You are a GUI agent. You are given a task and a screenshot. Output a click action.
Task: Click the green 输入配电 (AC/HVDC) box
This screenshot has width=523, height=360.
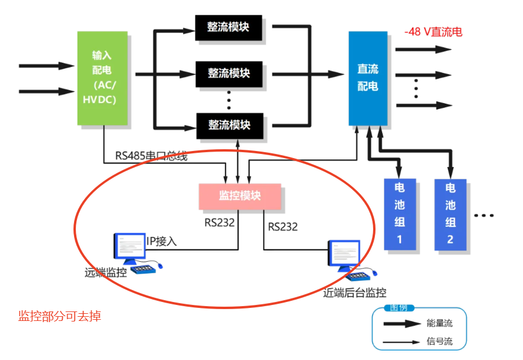(x=103, y=78)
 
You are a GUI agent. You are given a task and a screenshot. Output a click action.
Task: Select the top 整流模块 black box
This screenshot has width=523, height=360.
(x=229, y=28)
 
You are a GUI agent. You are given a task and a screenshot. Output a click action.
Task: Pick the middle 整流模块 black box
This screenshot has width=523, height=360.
(x=229, y=73)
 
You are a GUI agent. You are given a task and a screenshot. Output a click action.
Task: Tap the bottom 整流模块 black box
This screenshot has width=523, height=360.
(x=229, y=125)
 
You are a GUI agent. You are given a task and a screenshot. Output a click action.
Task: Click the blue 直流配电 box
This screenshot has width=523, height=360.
(x=368, y=78)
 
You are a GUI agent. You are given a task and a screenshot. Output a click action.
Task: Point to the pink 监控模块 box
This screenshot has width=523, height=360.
(x=240, y=196)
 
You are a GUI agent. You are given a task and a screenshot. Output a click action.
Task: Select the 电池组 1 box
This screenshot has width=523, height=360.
(x=399, y=214)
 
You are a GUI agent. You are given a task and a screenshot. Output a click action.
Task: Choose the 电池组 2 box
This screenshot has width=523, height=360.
(x=450, y=214)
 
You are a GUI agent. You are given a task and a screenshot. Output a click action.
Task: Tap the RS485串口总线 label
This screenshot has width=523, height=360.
(x=152, y=156)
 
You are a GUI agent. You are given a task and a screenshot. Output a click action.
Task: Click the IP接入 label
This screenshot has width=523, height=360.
(x=162, y=242)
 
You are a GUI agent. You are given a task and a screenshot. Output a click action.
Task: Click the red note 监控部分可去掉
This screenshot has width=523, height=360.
(x=60, y=316)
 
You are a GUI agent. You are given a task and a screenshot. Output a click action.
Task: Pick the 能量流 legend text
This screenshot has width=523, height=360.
(x=439, y=323)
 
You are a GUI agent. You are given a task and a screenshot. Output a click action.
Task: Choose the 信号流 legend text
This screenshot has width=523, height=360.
(x=439, y=341)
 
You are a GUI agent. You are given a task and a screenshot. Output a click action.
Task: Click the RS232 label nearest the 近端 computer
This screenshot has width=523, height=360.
(x=283, y=227)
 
